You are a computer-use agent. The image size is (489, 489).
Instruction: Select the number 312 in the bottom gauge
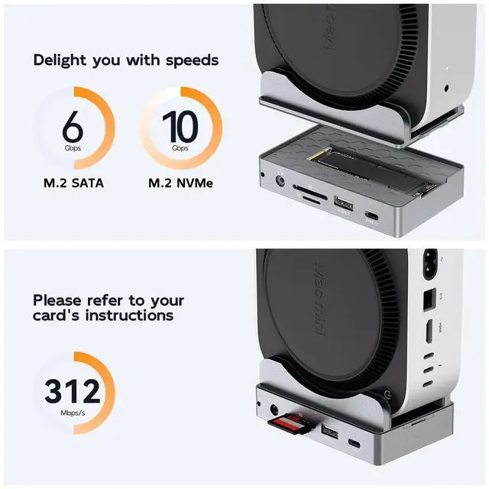pos(72,391)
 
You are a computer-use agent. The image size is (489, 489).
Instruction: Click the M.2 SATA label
pos(73,184)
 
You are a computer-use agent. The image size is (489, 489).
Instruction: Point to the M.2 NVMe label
pos(180,184)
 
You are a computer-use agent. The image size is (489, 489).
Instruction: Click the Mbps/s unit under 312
pos(72,413)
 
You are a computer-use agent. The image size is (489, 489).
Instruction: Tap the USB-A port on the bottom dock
pos(329,433)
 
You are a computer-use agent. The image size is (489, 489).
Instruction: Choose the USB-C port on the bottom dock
pos(355,444)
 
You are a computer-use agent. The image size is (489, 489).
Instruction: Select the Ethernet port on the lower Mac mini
pos(429,301)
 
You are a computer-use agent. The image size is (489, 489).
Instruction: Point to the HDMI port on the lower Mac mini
pos(429,331)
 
